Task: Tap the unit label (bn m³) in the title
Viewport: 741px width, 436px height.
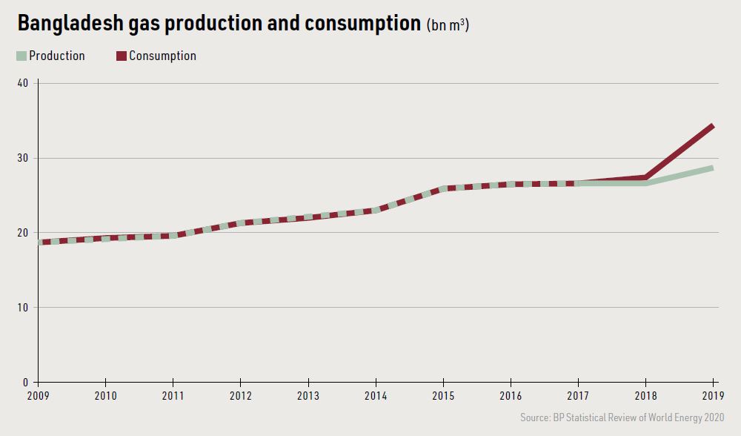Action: coord(448,24)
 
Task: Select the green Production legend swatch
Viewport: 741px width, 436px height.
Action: coord(21,56)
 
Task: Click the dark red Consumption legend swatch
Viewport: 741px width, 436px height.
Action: coord(122,56)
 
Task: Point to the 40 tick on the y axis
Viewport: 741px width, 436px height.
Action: coord(22,83)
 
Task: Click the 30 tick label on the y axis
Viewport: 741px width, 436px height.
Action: coord(22,158)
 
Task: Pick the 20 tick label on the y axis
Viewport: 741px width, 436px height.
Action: coord(22,233)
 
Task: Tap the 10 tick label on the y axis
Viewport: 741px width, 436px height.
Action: coord(22,308)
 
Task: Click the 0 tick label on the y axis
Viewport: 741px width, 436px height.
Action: coord(25,383)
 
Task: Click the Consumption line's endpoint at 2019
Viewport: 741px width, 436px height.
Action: coord(713,126)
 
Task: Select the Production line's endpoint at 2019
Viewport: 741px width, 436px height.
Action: coord(713,168)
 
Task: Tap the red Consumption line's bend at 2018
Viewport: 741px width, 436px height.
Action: coord(646,177)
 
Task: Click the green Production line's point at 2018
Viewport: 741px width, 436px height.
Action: coord(646,183)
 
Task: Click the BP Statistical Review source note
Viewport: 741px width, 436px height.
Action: coord(622,417)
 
